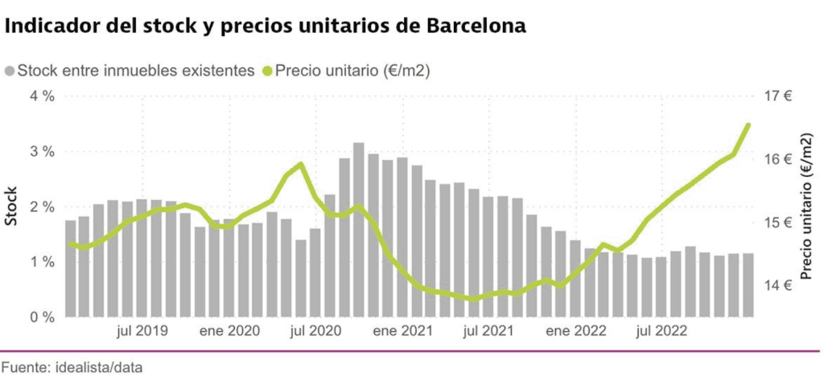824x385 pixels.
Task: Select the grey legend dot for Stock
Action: tap(10, 71)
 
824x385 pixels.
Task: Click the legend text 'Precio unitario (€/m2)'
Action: tap(352, 71)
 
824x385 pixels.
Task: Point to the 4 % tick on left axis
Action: tap(42, 96)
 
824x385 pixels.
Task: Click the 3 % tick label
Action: tap(42, 152)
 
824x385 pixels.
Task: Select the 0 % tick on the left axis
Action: tap(42, 317)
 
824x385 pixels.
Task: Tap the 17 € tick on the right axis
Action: tap(777, 96)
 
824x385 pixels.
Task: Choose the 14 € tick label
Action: tap(777, 285)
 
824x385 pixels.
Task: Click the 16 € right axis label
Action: tap(777, 159)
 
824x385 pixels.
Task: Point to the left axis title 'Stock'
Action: tap(12, 206)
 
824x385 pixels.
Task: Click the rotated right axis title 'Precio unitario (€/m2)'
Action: tap(807, 206)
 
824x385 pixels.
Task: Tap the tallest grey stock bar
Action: tap(359, 229)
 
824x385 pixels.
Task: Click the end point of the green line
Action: tap(748, 125)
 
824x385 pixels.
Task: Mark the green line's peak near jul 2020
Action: tap(300, 164)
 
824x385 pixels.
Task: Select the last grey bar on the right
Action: tap(748, 285)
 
